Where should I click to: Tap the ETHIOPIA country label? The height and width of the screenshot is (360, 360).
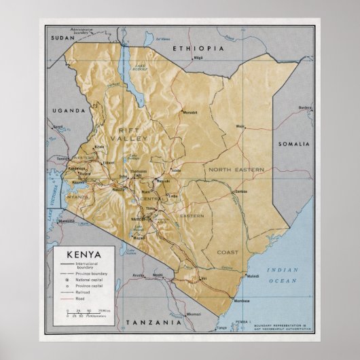pyautogui.click(x=198, y=49)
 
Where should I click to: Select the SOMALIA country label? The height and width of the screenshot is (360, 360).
pyautogui.click(x=293, y=145)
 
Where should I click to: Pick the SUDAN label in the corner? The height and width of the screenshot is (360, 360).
pyautogui.click(x=62, y=39)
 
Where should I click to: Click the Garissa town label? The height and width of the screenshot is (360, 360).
pyautogui.click(x=240, y=192)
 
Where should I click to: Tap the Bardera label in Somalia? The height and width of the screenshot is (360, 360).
pyautogui.click(x=305, y=107)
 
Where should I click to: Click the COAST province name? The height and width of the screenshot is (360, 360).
pyautogui.click(x=228, y=252)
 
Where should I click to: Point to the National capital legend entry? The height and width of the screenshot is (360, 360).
pyautogui.click(x=90, y=278)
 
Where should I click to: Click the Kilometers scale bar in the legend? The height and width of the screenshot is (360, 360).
pyautogui.click(x=82, y=317)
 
